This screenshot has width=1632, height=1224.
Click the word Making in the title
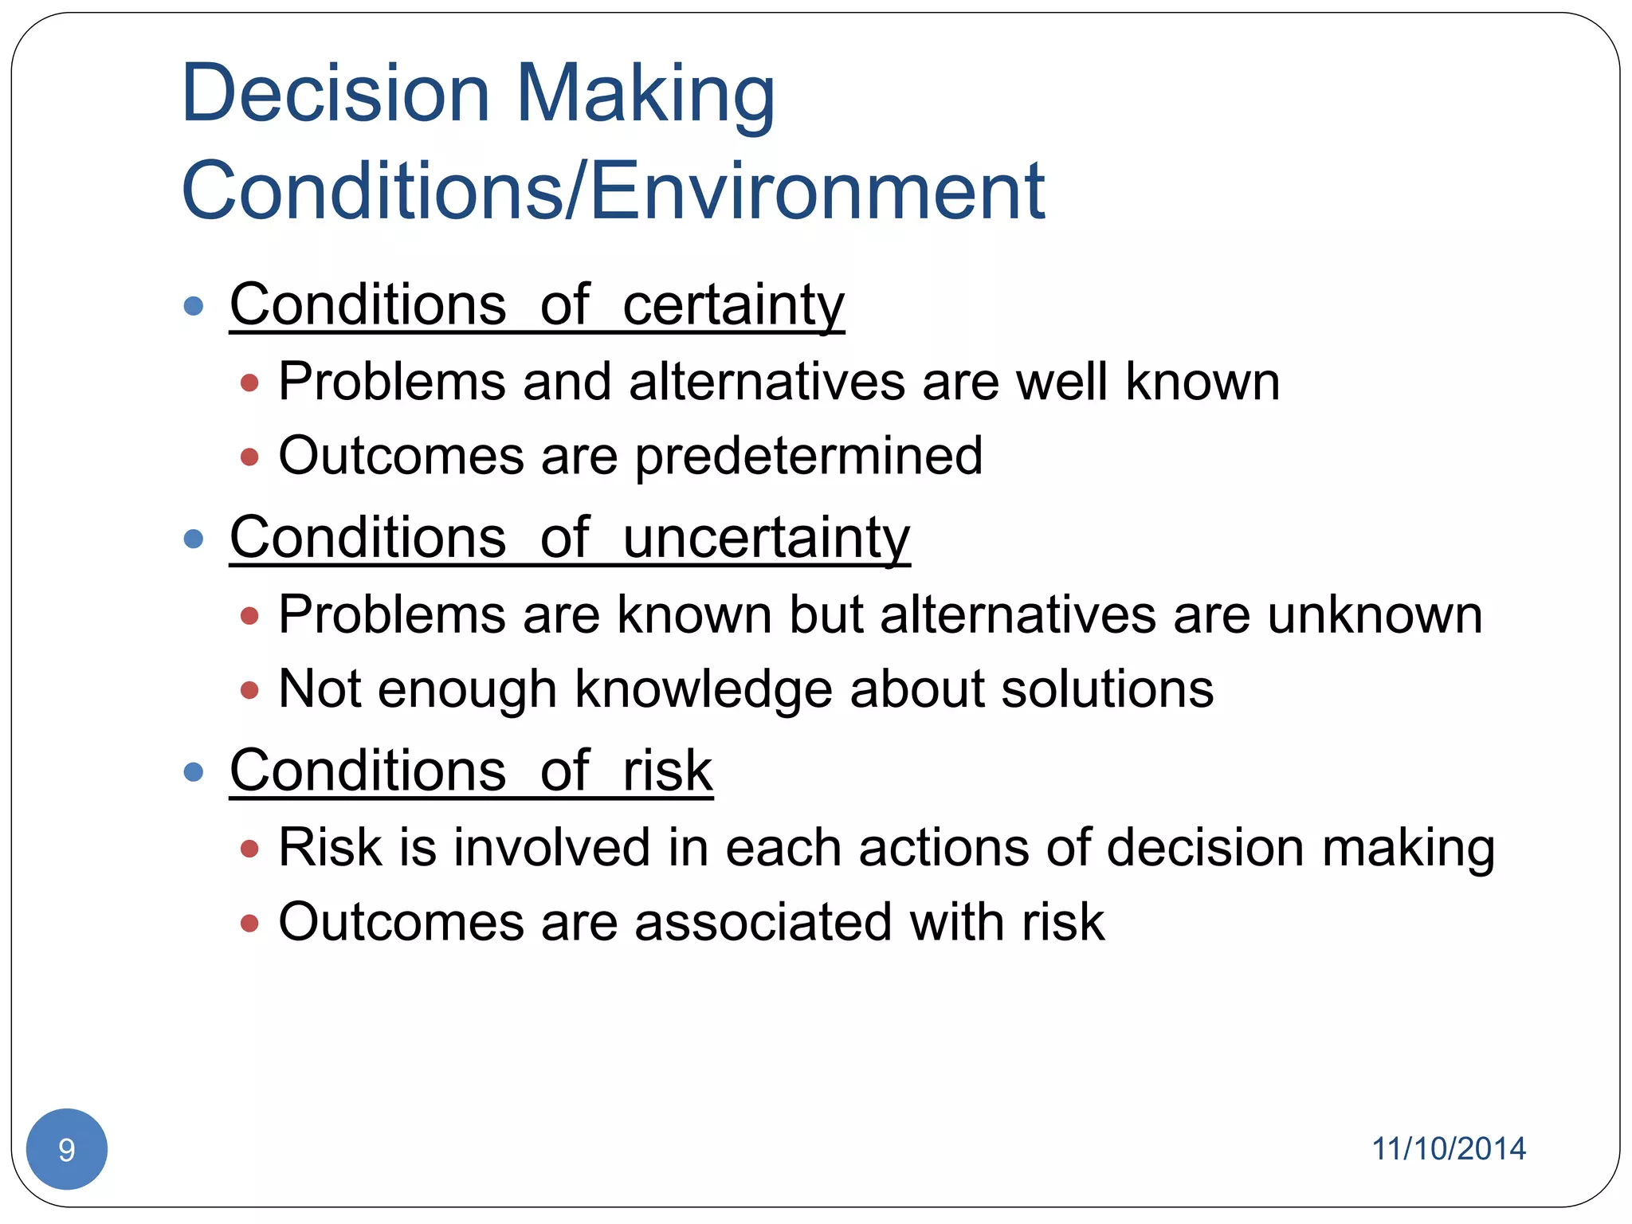[645, 94]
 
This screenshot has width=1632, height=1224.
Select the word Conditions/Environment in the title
[613, 191]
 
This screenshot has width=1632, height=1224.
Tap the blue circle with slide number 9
[67, 1148]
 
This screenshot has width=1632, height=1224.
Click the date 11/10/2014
[1448, 1148]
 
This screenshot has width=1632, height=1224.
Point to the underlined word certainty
[732, 305]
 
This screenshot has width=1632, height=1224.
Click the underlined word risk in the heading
[667, 771]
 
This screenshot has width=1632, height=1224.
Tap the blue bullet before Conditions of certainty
[193, 306]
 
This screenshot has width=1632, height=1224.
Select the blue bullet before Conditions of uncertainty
[193, 539]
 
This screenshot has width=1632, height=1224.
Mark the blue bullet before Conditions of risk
[193, 771]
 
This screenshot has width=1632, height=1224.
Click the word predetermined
[808, 456]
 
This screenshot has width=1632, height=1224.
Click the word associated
[763, 922]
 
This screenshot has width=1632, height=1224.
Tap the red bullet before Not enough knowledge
[249, 690]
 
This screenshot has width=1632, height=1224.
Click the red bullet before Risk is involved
[249, 849]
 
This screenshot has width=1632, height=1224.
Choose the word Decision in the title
[335, 94]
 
